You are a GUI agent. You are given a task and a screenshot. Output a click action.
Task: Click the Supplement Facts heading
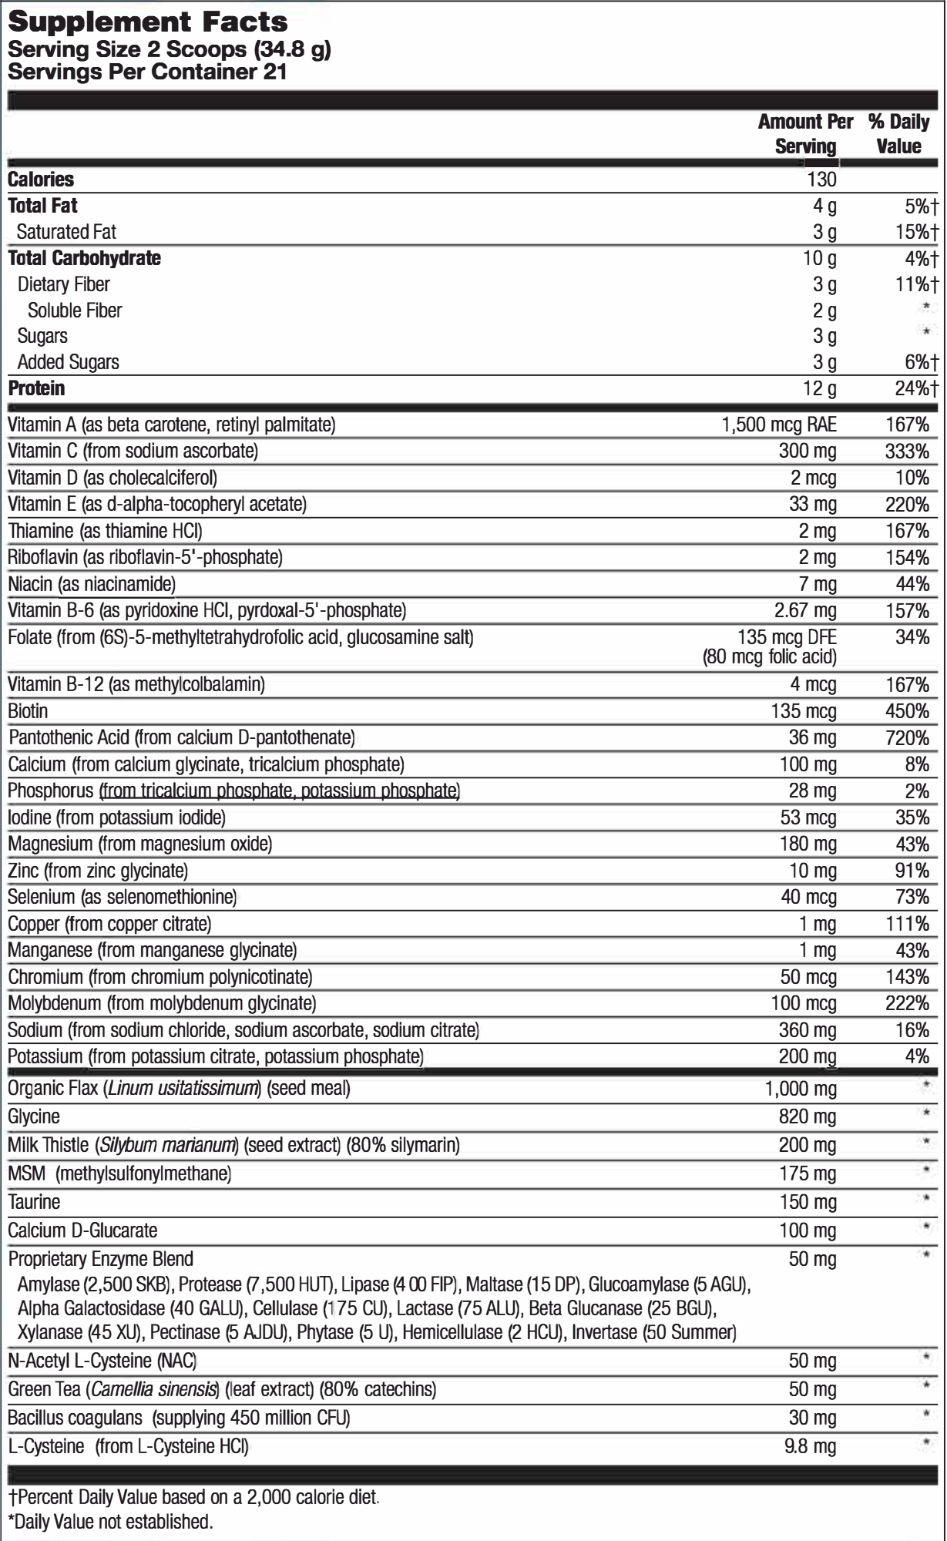pyautogui.click(x=147, y=22)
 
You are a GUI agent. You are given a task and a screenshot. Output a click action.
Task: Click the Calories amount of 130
pyautogui.click(x=821, y=180)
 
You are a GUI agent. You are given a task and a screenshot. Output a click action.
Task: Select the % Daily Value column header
pyautogui.click(x=898, y=133)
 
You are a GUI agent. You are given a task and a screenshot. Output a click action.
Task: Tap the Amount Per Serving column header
pyautogui.click(x=805, y=133)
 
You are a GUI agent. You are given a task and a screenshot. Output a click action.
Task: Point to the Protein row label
pyautogui.click(x=36, y=388)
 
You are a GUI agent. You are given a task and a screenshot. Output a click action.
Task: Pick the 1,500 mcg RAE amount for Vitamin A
pyautogui.click(x=779, y=425)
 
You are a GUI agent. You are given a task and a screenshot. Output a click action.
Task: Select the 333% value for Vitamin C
pyautogui.click(x=907, y=451)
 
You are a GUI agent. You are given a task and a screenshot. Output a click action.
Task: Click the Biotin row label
pyautogui.click(x=28, y=711)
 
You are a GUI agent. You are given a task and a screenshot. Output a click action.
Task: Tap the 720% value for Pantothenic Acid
pyautogui.click(x=907, y=738)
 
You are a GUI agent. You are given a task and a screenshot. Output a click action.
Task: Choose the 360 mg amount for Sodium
pyautogui.click(x=808, y=1030)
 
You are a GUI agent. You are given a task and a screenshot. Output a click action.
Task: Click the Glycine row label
pyautogui.click(x=34, y=1116)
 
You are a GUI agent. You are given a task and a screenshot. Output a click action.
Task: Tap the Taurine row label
pyautogui.click(x=34, y=1202)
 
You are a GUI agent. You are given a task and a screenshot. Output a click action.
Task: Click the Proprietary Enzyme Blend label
pyautogui.click(x=100, y=1259)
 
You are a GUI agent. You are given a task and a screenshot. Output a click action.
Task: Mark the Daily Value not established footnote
pyautogui.click(x=109, y=1522)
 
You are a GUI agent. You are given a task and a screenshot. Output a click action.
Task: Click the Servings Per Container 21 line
pyautogui.click(x=146, y=72)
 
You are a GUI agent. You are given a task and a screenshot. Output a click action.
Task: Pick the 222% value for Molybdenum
pyautogui.click(x=907, y=1003)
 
